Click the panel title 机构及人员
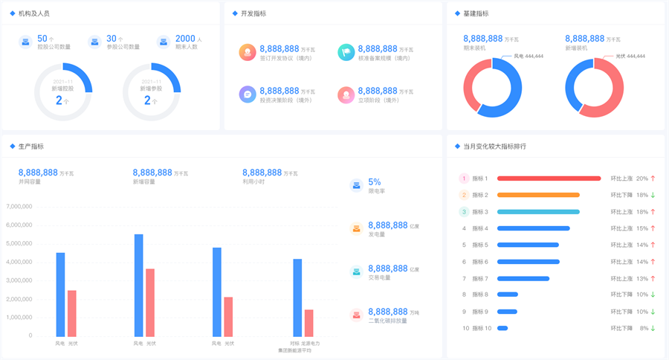tap(34, 13)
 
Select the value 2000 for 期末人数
tap(185, 39)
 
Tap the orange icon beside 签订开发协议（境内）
tap(248, 53)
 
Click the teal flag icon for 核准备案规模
tap(346, 53)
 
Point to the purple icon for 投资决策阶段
tap(248, 94)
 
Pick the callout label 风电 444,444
tap(529, 57)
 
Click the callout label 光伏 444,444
tap(630, 57)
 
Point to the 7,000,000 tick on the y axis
tap(19, 207)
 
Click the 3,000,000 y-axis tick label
tap(19, 280)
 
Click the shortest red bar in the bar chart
tap(308, 323)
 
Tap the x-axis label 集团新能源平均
tap(294, 350)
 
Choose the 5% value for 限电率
tap(375, 182)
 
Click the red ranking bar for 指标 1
tap(549, 179)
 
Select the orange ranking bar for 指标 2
tap(538, 196)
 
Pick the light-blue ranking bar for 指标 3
tap(538, 212)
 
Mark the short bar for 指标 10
tap(502, 328)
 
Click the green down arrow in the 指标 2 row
tap(653, 196)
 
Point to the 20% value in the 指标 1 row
tap(641, 179)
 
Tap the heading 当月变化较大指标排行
tap(494, 147)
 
